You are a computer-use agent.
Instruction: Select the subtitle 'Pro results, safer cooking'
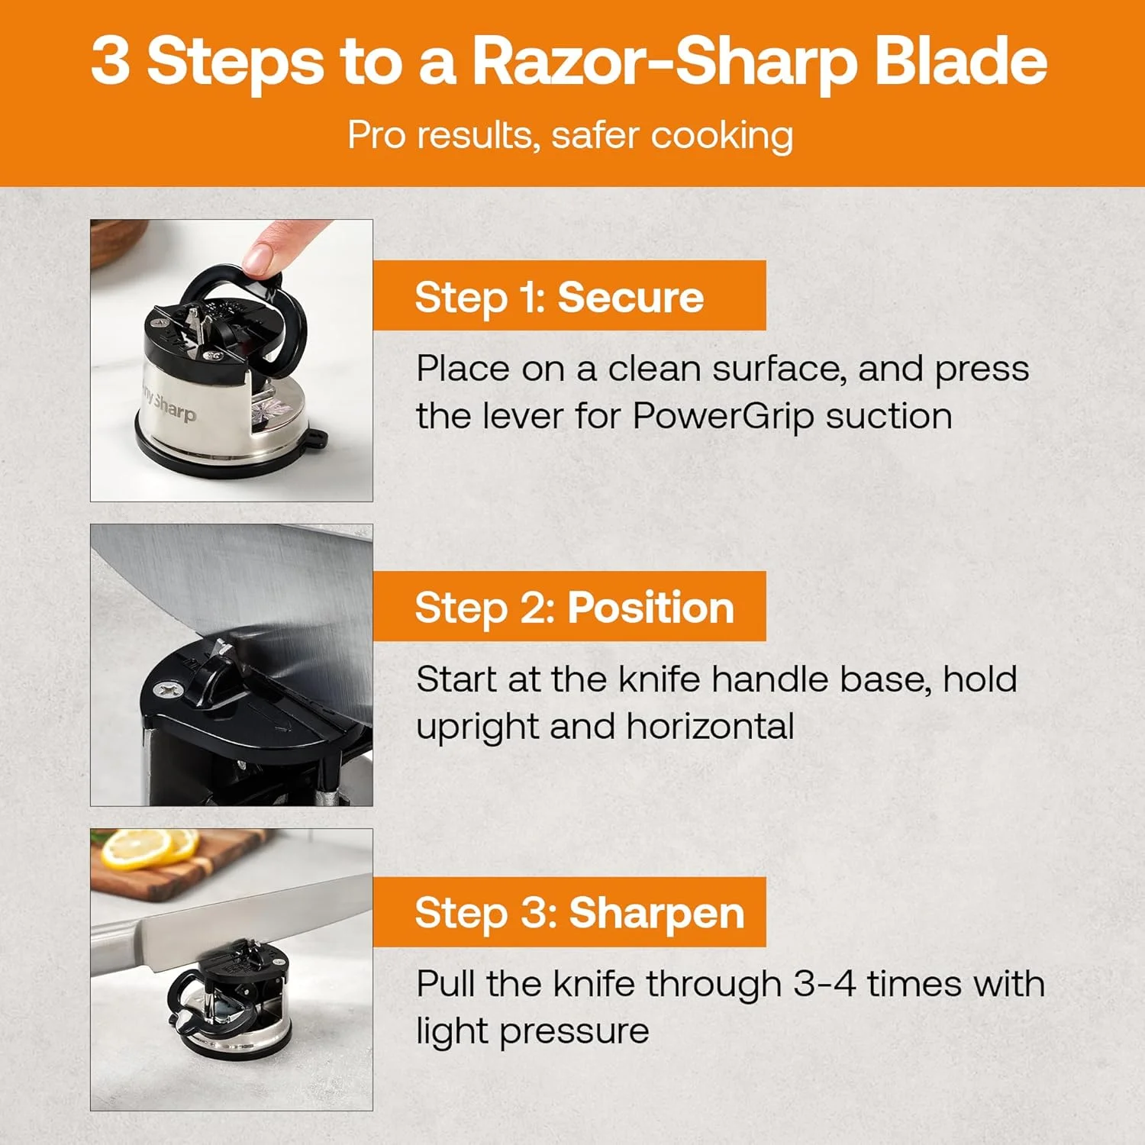[x=570, y=136]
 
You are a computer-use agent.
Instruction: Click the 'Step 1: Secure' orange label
[x=569, y=296]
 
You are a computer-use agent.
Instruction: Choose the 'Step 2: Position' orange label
[x=569, y=607]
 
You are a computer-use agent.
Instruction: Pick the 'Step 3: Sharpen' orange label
[x=569, y=912]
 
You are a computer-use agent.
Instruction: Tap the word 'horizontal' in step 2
[x=710, y=726]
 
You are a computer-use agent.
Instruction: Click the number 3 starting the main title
[x=111, y=61]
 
